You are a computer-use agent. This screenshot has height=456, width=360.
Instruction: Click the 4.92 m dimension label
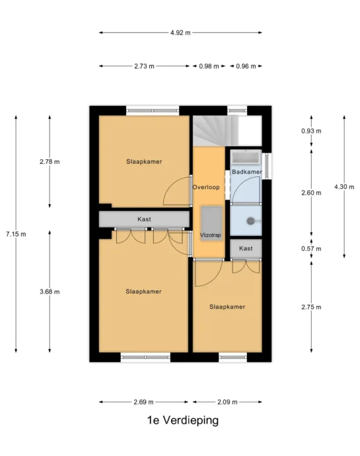pyautogui.click(x=180, y=32)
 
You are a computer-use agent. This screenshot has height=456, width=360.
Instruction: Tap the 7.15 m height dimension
pyautogui.click(x=16, y=234)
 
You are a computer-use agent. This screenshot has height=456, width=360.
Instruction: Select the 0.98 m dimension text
pyautogui.click(x=209, y=66)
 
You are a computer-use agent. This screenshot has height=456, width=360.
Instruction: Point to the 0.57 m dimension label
pyautogui.click(x=311, y=248)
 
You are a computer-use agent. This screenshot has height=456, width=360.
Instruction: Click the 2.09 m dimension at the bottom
pyautogui.click(x=227, y=402)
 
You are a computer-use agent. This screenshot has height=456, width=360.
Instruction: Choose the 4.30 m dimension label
pyautogui.click(x=344, y=187)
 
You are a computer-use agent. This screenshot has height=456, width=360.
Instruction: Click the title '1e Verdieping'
pyautogui.click(x=182, y=420)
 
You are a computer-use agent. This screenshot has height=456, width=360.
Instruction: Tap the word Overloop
pyautogui.click(x=206, y=187)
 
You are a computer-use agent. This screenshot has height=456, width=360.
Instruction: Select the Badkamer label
pyautogui.click(x=247, y=172)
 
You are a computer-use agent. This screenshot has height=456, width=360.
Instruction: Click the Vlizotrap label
pyautogui.click(x=211, y=235)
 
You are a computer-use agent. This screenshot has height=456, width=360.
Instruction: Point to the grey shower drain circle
pyautogui.click(x=250, y=221)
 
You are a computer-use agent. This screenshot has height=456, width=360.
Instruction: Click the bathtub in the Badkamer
pyautogui.click(x=246, y=157)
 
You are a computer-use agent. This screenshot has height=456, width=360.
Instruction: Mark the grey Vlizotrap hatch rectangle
pyautogui.click(x=211, y=223)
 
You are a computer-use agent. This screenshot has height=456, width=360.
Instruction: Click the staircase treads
pyautogui.click(x=215, y=130)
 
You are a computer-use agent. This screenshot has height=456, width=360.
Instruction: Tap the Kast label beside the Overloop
pyautogui.click(x=246, y=248)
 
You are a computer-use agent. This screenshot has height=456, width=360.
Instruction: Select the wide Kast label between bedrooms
pyautogui.click(x=144, y=219)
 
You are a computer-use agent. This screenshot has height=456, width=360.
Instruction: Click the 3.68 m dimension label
pyautogui.click(x=50, y=291)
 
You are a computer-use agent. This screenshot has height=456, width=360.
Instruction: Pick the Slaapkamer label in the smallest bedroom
pyautogui.click(x=227, y=307)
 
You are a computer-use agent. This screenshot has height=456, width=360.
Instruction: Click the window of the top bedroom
pyautogui.click(x=153, y=110)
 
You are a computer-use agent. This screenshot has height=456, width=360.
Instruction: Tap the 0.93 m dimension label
pyautogui.click(x=311, y=131)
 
